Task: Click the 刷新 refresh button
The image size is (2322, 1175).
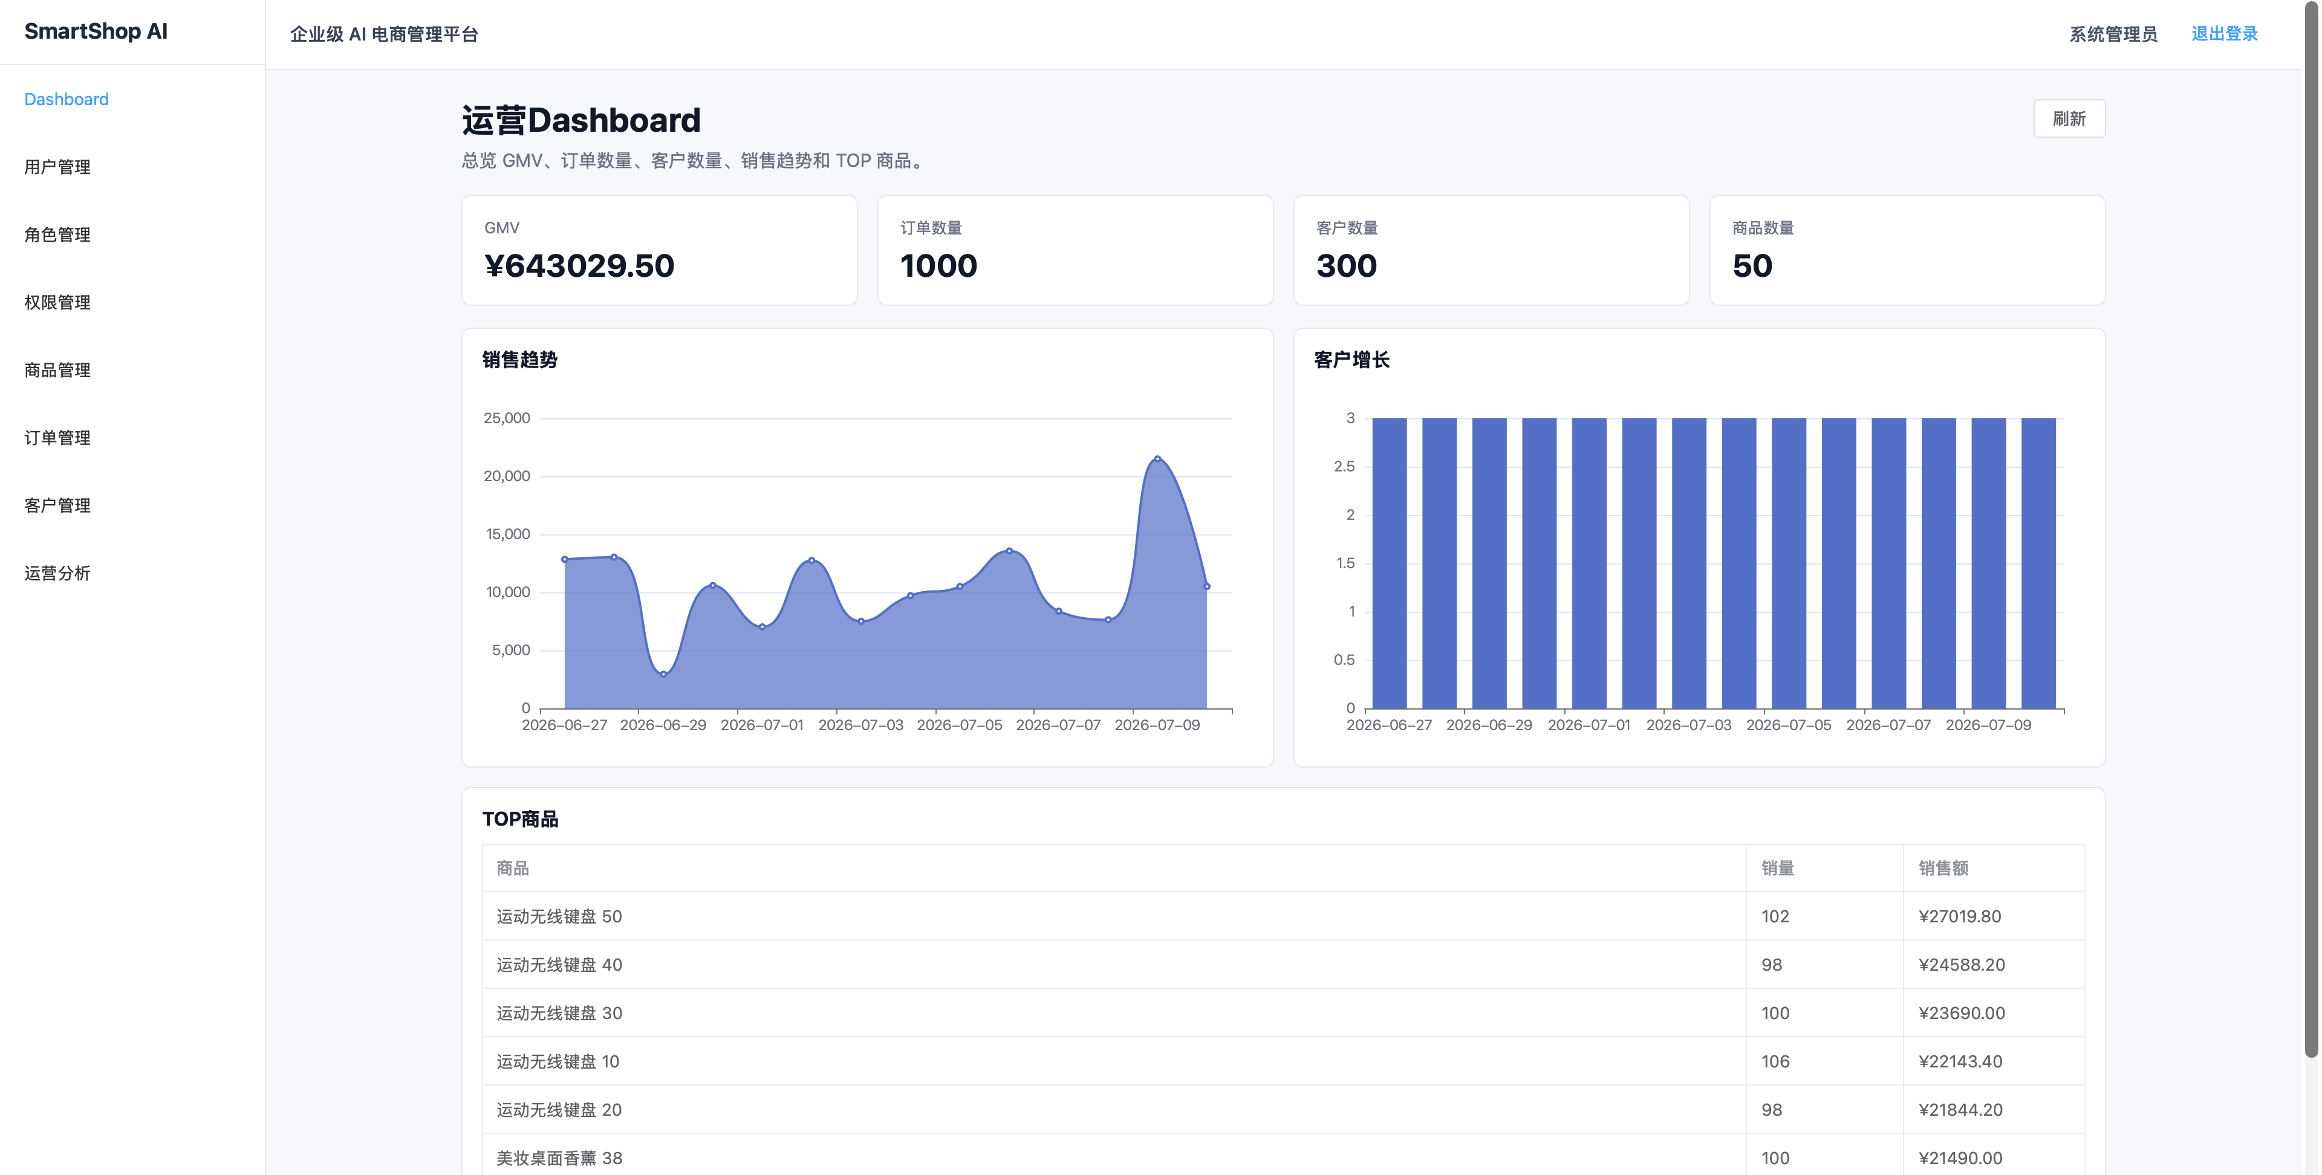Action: (x=2069, y=119)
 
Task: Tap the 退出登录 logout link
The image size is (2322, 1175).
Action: (x=2224, y=34)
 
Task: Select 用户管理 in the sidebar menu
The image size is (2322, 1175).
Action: (x=57, y=167)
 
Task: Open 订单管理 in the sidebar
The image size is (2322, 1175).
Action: (x=57, y=438)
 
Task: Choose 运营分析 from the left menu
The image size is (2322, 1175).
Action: (x=57, y=573)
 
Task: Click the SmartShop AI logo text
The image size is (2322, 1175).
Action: (x=96, y=31)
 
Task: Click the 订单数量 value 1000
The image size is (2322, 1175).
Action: (x=938, y=266)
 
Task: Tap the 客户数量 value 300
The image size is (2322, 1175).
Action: (x=1347, y=266)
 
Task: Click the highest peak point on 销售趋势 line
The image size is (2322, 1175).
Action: (x=1157, y=459)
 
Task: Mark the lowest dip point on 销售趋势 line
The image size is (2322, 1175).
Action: (x=663, y=674)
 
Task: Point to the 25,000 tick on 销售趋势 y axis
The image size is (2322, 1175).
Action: (x=507, y=418)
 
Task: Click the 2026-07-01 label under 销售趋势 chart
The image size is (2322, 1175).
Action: (x=762, y=725)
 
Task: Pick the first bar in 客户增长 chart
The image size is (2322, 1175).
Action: (x=1389, y=563)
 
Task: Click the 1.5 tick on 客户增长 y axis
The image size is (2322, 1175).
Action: (x=1345, y=563)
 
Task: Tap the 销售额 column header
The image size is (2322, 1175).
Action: (x=1943, y=868)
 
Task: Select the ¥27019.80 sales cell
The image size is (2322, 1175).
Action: (x=1960, y=916)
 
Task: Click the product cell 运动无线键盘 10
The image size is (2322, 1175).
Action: (x=558, y=1061)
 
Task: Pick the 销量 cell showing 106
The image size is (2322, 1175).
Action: (x=1775, y=1061)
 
